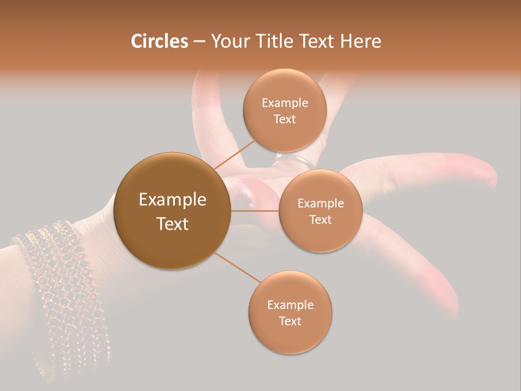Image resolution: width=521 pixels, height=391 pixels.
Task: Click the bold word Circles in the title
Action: tap(159, 41)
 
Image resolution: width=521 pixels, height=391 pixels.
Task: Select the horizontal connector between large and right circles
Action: tap(255, 211)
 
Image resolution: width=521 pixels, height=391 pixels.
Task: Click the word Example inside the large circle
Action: tap(172, 200)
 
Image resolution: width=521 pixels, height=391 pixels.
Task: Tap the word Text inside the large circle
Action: tap(172, 224)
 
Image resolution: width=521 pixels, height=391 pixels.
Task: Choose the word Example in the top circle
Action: tap(285, 103)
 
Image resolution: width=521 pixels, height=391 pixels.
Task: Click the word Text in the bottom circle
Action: tap(290, 321)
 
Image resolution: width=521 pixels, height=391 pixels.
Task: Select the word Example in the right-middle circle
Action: tap(320, 204)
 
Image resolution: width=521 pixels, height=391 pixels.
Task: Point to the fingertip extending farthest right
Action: tap(491, 176)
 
